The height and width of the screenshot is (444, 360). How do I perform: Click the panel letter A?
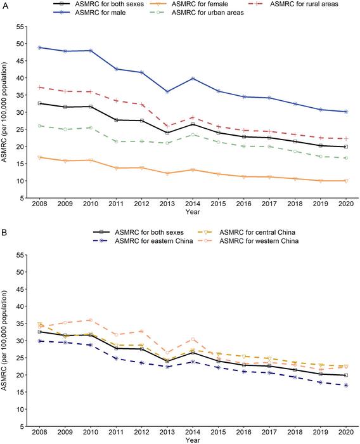4,4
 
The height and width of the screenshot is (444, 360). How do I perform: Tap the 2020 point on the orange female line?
345,181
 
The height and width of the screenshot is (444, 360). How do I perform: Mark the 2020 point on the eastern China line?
345,385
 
